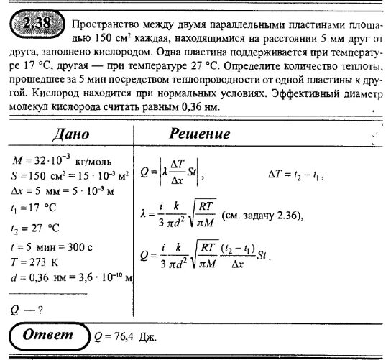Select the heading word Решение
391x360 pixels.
219,134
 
